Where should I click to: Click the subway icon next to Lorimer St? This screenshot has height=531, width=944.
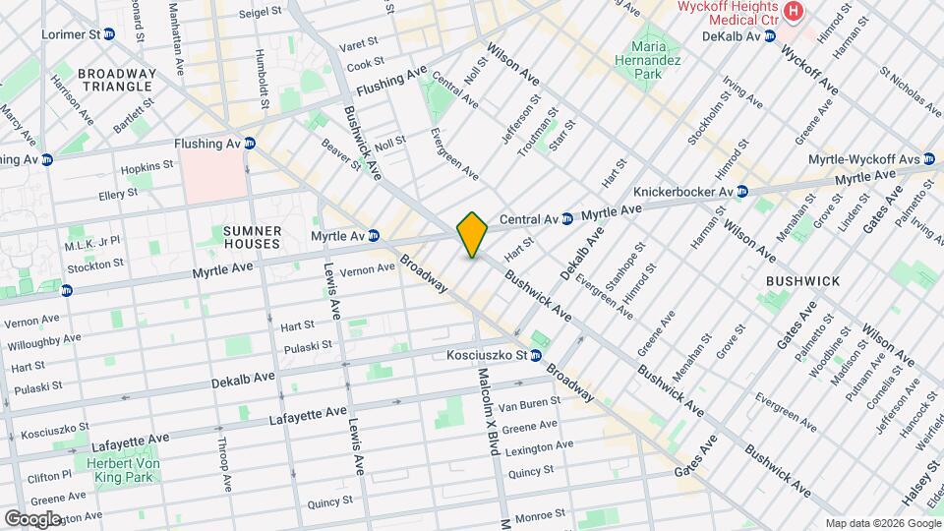coord(109,34)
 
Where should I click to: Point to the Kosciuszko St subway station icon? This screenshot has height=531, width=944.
coord(537,355)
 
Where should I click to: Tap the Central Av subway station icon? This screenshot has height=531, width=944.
coord(567,218)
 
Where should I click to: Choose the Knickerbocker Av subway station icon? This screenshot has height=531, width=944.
coord(742,191)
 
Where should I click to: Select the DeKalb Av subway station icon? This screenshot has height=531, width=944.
coord(770,35)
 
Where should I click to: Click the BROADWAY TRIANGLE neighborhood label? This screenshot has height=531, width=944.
coord(116,80)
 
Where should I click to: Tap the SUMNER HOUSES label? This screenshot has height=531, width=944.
coord(253,237)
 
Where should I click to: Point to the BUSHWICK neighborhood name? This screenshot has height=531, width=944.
coord(803,281)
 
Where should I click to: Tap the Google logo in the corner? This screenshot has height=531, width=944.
coord(32,518)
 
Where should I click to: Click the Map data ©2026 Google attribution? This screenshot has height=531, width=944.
coord(882,522)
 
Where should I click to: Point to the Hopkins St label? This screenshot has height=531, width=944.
coord(148,168)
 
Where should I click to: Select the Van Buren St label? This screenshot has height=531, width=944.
coord(529,402)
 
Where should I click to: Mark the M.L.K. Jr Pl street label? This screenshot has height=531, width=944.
coord(91,242)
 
